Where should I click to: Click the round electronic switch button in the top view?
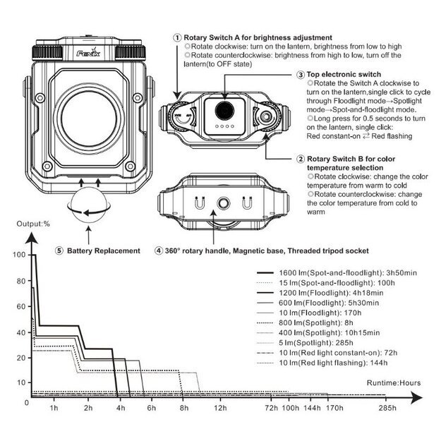[225, 111]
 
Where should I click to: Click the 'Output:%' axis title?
[35, 224]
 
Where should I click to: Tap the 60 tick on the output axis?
[22, 306]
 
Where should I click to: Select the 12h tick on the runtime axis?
[220, 409]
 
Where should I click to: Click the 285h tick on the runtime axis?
[387, 409]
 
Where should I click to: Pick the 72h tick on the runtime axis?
[270, 409]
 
